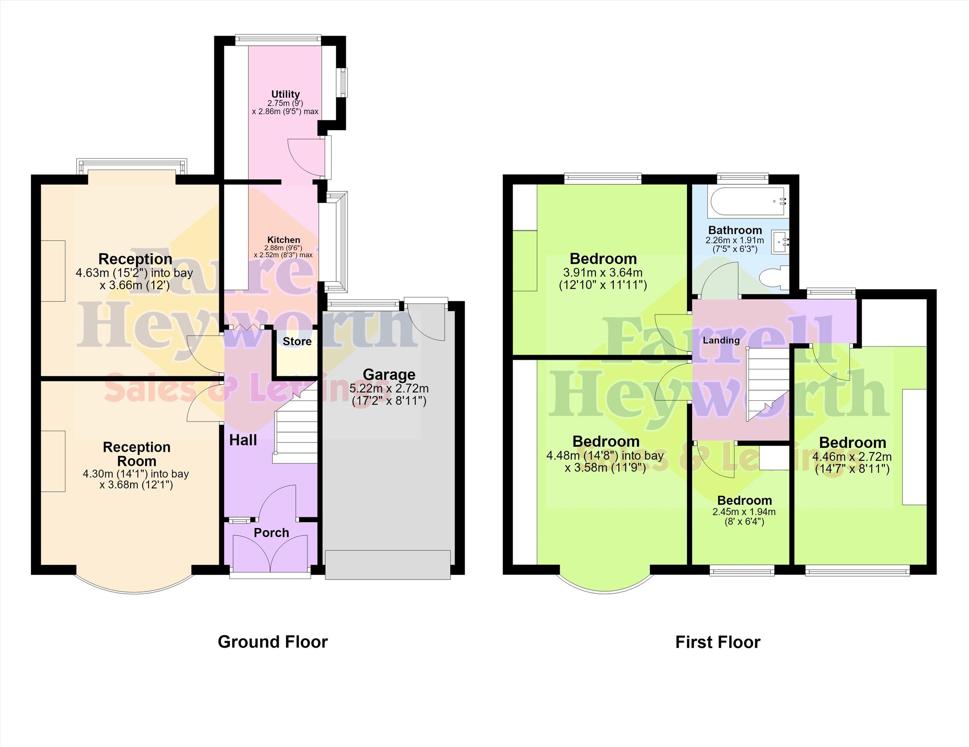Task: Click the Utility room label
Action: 285,94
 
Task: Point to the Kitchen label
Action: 283,240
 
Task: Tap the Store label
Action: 297,342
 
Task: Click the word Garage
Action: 389,375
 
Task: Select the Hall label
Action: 243,440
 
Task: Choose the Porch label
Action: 271,533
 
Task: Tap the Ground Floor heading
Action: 272,642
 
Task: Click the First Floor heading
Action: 718,642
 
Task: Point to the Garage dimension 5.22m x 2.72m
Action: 389,389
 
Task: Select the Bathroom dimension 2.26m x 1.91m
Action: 735,240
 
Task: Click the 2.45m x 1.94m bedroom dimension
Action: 744,512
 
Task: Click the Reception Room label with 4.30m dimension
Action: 136,465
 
